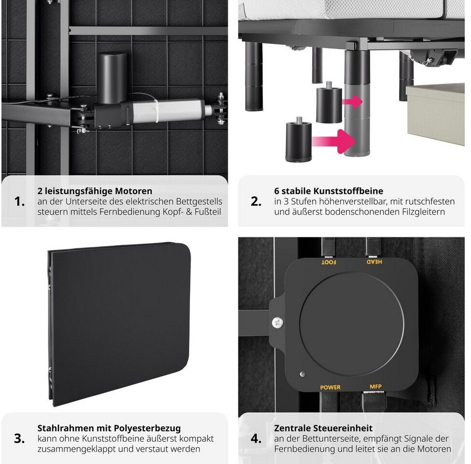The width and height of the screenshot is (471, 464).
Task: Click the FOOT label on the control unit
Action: (x=329, y=262)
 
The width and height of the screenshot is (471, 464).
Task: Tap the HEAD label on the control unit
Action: (x=374, y=261)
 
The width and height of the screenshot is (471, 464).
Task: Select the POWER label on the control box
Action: (x=331, y=387)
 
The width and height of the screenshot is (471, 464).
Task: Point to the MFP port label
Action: (x=375, y=386)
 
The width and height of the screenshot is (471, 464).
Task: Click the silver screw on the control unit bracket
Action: (x=277, y=323)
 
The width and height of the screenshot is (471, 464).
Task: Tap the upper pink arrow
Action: (x=352, y=101)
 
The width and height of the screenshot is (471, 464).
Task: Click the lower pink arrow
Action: (x=333, y=141)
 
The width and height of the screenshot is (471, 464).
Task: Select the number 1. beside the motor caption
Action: (x=19, y=201)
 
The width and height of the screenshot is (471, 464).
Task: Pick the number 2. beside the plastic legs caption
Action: (x=256, y=201)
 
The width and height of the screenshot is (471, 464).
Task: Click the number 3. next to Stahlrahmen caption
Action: (x=19, y=438)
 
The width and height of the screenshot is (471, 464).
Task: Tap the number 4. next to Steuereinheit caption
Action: (x=256, y=438)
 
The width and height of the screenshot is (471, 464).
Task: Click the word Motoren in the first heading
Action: (x=134, y=191)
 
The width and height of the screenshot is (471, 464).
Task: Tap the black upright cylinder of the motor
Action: (x=112, y=78)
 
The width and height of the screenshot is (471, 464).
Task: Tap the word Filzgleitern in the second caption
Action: (x=424, y=212)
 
